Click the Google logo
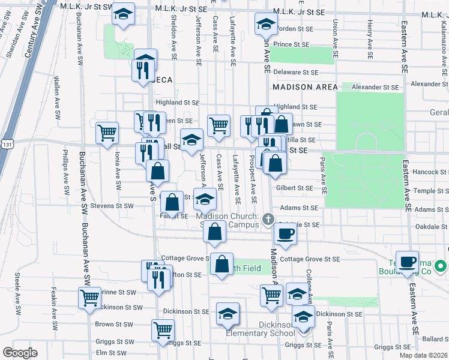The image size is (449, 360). click(20, 352)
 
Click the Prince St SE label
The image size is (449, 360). click(291, 44)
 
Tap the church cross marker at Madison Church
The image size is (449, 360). click(268, 219)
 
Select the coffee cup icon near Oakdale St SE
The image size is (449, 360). click(285, 233)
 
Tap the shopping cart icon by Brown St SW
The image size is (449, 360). click(163, 329)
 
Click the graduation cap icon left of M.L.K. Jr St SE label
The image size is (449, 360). click(123, 14)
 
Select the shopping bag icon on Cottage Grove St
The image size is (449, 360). click(221, 263)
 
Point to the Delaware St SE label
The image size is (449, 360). click(295, 72)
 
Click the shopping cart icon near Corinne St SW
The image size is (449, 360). click(89, 296)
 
